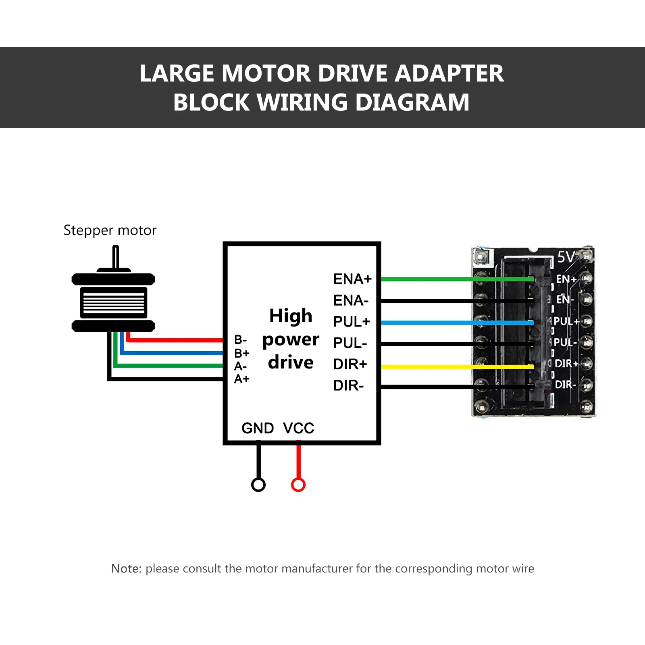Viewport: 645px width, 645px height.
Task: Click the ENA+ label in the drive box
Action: point(352,279)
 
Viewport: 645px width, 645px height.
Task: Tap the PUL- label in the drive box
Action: point(350,343)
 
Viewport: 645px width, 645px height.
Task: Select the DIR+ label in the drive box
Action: point(350,364)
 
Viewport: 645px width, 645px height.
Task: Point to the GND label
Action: point(258,428)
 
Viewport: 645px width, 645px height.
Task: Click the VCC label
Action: point(298,428)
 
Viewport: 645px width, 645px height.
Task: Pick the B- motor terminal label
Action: point(240,340)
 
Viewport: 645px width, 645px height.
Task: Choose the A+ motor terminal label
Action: point(241,379)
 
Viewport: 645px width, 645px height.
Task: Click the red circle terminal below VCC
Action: point(298,485)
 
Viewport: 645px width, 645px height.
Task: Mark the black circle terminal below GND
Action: point(258,485)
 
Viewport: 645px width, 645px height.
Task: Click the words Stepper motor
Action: point(110,230)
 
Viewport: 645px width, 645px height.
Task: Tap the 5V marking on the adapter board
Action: point(566,257)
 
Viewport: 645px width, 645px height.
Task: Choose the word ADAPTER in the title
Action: point(449,74)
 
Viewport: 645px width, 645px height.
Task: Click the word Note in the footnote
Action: point(126,568)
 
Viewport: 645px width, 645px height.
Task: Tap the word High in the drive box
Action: point(291,316)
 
